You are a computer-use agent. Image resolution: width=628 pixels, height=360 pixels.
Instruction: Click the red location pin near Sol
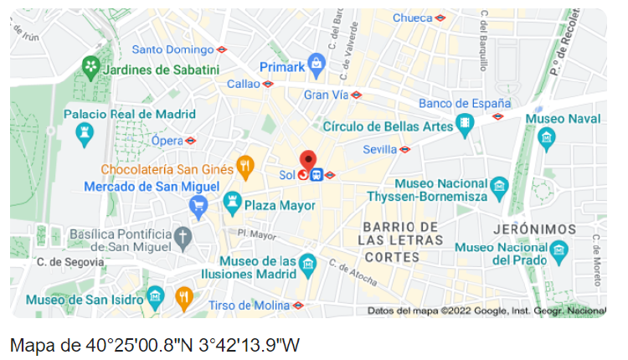click(308, 160)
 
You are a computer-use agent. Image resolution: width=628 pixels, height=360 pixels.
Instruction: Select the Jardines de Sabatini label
click(160, 69)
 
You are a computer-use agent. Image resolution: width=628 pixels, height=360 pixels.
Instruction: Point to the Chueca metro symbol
click(440, 18)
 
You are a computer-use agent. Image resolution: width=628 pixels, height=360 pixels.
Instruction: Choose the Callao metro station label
click(244, 84)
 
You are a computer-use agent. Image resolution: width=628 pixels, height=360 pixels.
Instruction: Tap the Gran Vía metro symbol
click(356, 95)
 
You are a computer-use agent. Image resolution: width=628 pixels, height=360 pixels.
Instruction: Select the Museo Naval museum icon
click(547, 136)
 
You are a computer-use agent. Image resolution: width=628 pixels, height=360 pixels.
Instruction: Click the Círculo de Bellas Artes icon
click(466, 126)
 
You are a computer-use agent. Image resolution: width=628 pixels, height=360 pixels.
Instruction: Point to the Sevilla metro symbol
click(404, 150)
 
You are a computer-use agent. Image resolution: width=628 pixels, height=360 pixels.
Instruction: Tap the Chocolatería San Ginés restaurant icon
click(245, 167)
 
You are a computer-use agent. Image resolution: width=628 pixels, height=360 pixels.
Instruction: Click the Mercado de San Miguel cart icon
click(198, 203)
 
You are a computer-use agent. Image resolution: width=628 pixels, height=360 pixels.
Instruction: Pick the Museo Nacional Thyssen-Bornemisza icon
click(500, 187)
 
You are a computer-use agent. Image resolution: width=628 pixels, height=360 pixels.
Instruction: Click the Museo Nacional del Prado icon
click(559, 249)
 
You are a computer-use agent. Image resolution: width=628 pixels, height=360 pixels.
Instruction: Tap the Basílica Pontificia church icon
click(183, 237)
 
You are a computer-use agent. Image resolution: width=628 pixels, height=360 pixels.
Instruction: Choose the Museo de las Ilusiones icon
click(308, 264)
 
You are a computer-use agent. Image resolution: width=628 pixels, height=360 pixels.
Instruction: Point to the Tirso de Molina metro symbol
click(298, 306)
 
